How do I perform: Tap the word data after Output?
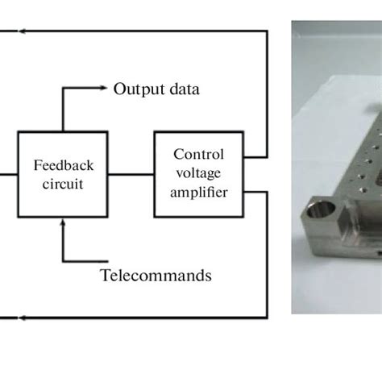pyautogui.click(x=181, y=89)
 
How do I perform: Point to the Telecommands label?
pyautogui.click(x=156, y=275)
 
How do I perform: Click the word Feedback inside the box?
pyautogui.click(x=63, y=165)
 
